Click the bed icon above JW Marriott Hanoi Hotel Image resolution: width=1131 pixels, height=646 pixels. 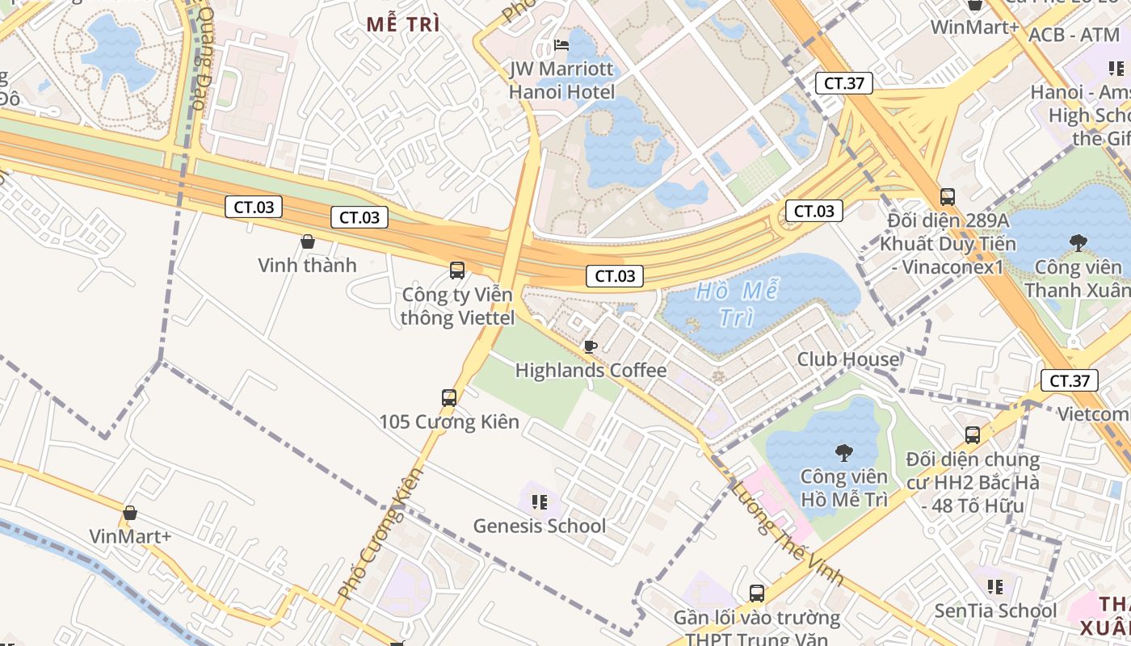point(561,45)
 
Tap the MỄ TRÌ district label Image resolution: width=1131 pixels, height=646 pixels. point(403,24)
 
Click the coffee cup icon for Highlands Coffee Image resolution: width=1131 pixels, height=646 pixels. point(591,347)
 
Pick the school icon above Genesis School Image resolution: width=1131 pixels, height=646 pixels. point(540,502)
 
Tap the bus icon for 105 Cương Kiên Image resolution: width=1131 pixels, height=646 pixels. point(449,397)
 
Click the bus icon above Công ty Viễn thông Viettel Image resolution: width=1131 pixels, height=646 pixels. point(457,271)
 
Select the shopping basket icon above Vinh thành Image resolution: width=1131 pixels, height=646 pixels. point(307,241)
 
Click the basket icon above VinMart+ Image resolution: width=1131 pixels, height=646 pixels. point(130,513)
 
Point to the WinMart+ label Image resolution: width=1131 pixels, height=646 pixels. point(974,27)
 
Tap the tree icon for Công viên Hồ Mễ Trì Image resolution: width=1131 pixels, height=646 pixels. point(844,453)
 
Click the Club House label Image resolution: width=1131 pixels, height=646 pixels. point(848,359)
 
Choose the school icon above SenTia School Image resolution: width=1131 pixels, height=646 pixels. point(995,586)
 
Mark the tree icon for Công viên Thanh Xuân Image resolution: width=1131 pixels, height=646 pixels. point(1078,242)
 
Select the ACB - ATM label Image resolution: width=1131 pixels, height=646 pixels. point(1074,35)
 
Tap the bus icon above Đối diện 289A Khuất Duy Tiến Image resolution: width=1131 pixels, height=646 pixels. point(947,196)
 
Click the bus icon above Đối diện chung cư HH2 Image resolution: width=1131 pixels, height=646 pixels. point(973,435)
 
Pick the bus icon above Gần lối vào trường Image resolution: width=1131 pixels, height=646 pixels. point(757,594)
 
